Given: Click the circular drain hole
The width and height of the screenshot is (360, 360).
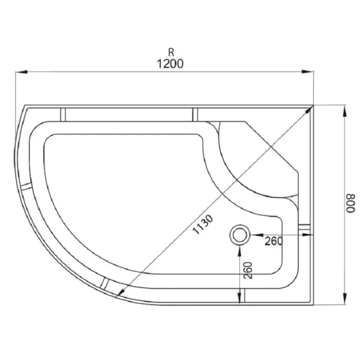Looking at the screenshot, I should tap(241, 235).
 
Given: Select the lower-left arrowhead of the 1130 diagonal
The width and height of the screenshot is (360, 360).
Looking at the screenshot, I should tap(122, 292).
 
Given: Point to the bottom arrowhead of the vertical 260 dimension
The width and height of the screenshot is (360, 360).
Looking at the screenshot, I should tap(241, 300).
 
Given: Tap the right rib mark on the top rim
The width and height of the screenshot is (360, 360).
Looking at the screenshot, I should tap(195, 113).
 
